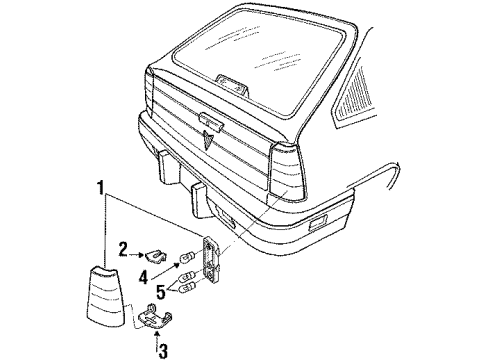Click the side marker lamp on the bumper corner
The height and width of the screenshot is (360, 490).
[322, 218]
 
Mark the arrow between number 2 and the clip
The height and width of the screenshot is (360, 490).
[141, 251]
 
